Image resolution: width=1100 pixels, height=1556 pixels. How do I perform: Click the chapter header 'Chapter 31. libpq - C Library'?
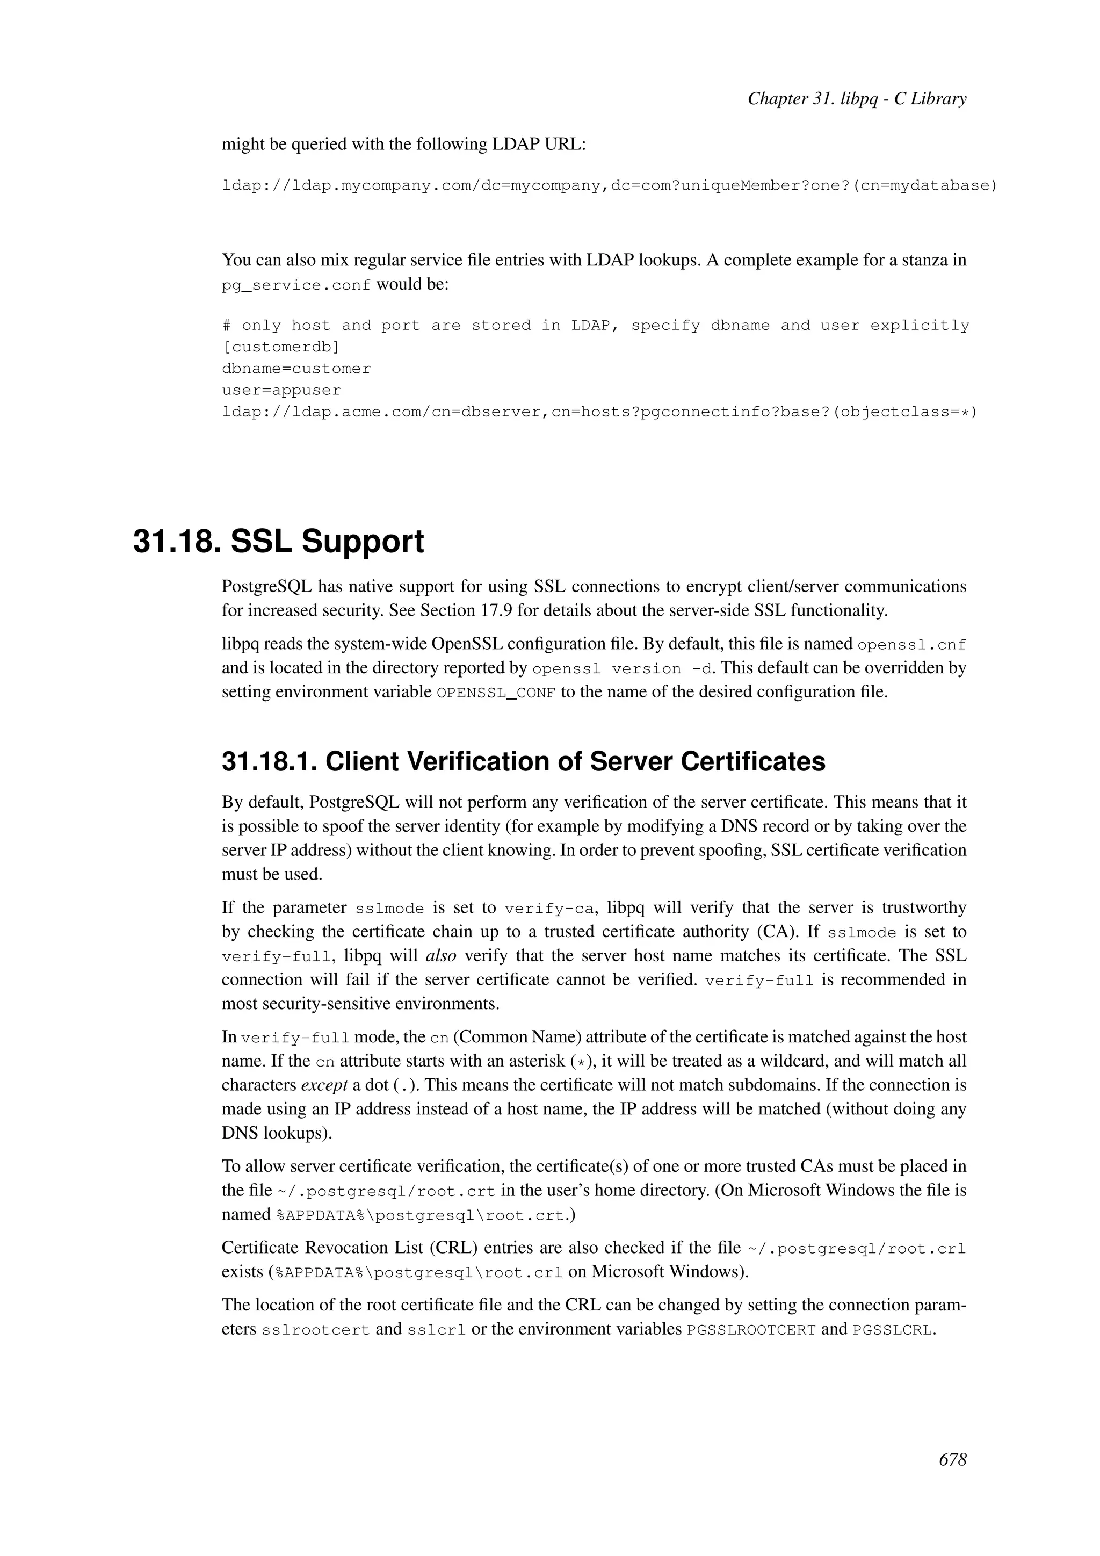(x=856, y=99)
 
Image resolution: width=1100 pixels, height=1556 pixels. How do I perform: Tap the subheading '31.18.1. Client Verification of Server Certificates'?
(x=523, y=762)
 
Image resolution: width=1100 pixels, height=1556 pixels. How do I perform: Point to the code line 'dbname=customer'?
(x=296, y=369)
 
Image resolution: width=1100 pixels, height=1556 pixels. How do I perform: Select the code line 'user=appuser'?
(x=281, y=391)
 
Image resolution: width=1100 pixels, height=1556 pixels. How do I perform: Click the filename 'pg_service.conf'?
(x=296, y=285)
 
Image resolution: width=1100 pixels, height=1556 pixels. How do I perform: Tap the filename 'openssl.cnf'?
(x=911, y=645)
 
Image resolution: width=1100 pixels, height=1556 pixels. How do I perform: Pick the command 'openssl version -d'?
(x=623, y=669)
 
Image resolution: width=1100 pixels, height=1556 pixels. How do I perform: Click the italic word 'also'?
(x=440, y=955)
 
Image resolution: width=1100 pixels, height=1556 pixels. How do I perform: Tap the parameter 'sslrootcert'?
(x=316, y=1330)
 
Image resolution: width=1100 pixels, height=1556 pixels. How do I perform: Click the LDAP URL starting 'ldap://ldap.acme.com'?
(x=599, y=412)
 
